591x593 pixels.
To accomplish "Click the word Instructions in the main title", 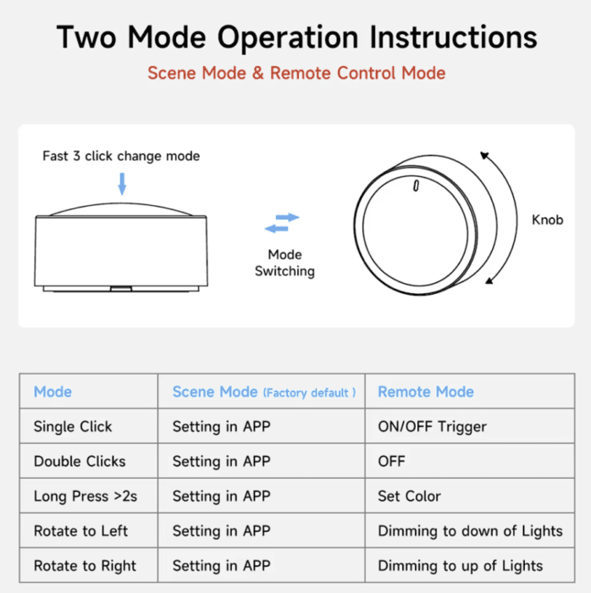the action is [x=453, y=37].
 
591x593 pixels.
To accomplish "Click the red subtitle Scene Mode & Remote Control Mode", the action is [x=296, y=73].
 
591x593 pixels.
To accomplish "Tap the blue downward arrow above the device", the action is [x=122, y=184].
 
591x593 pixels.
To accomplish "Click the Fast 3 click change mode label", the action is [x=121, y=156].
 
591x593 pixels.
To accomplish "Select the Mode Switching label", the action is [x=284, y=263].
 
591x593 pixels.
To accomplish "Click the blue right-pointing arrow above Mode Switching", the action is [x=288, y=217].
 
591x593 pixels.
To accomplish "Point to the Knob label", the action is [x=547, y=219].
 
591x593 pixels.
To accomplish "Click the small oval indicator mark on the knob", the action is [x=416, y=186].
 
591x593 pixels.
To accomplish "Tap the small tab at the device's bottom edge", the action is [x=121, y=289].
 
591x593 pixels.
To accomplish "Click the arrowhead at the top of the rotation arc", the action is [x=484, y=155].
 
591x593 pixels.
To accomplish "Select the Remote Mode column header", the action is [x=426, y=391].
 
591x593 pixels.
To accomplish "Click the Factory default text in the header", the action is [x=309, y=393].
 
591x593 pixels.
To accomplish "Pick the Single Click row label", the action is [x=73, y=427].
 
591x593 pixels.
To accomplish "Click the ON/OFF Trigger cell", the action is [x=432, y=427].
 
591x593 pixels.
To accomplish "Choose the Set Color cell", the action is [x=409, y=496].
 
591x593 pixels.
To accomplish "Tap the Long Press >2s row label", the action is [x=86, y=496].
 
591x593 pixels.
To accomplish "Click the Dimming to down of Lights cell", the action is [x=470, y=531].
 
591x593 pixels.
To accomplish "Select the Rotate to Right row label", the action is [x=85, y=566].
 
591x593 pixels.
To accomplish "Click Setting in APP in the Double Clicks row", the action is [x=222, y=462].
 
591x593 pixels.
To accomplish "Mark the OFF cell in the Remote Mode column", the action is [x=391, y=462].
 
